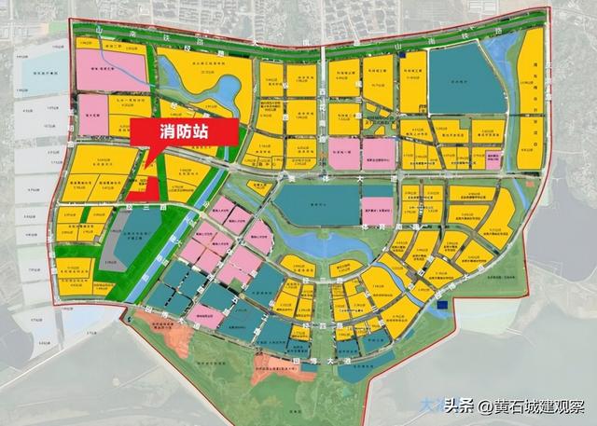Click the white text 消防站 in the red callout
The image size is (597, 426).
182,132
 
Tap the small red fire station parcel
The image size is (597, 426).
141,184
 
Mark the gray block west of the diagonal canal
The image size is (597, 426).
117,245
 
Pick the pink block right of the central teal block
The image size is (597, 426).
376,210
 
